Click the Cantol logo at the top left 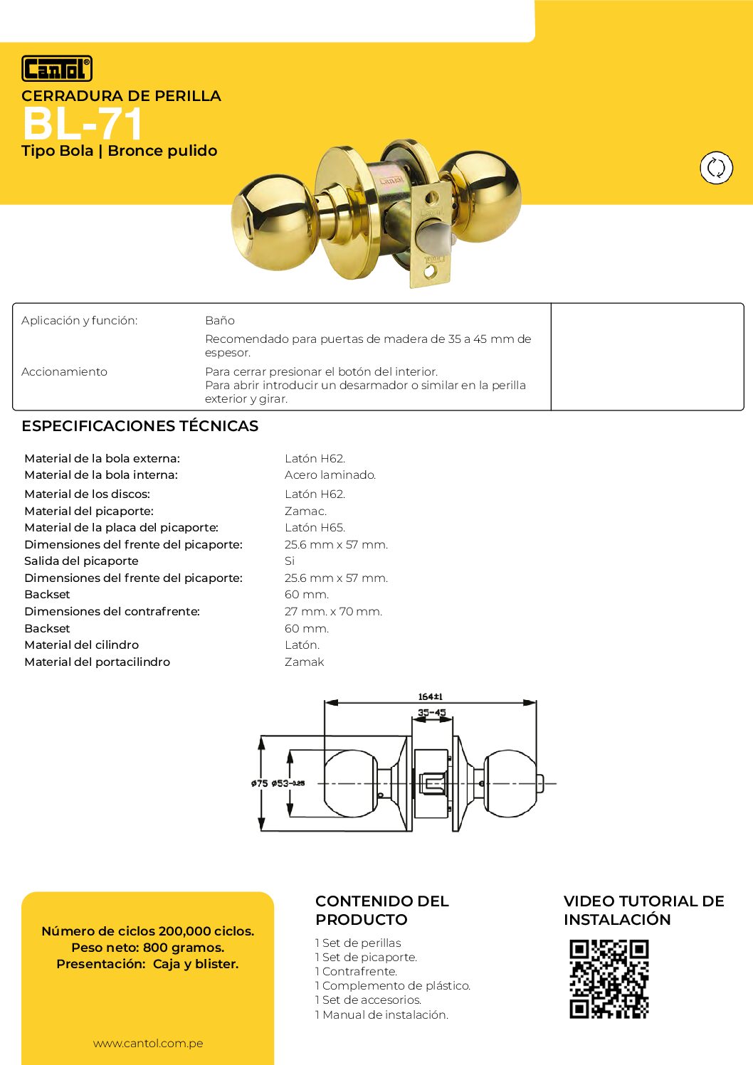pyautogui.click(x=57, y=68)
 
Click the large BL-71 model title pyautogui.click(x=83, y=124)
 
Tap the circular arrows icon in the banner pyautogui.click(x=716, y=168)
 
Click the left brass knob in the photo pyautogui.click(x=273, y=218)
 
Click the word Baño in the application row pyautogui.click(x=220, y=321)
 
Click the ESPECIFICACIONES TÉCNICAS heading pyautogui.click(x=139, y=426)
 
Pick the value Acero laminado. pyautogui.click(x=330, y=475)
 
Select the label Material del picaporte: pyautogui.click(x=89, y=512)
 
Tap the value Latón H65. pyautogui.click(x=315, y=528)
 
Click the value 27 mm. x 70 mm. pyautogui.click(x=333, y=612)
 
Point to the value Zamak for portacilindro pyautogui.click(x=304, y=662)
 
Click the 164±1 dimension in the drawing pyautogui.click(x=431, y=697)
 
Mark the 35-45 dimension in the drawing pyautogui.click(x=431, y=712)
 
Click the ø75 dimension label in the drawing pyautogui.click(x=259, y=783)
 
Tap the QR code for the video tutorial pyautogui.click(x=609, y=979)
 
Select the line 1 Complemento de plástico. pyautogui.click(x=393, y=986)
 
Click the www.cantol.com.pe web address pyautogui.click(x=148, y=1044)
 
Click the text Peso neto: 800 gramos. pyautogui.click(x=148, y=948)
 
